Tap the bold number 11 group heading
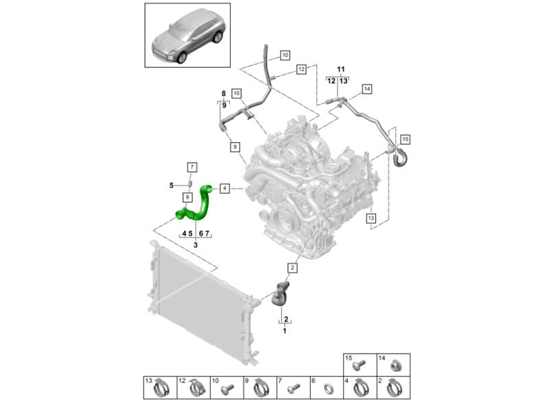[x=340, y=69]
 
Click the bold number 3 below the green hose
[x=196, y=245]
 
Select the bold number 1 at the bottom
[x=284, y=331]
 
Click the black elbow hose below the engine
[x=281, y=294]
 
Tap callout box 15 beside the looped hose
[x=405, y=139]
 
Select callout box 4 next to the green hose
[x=224, y=187]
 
